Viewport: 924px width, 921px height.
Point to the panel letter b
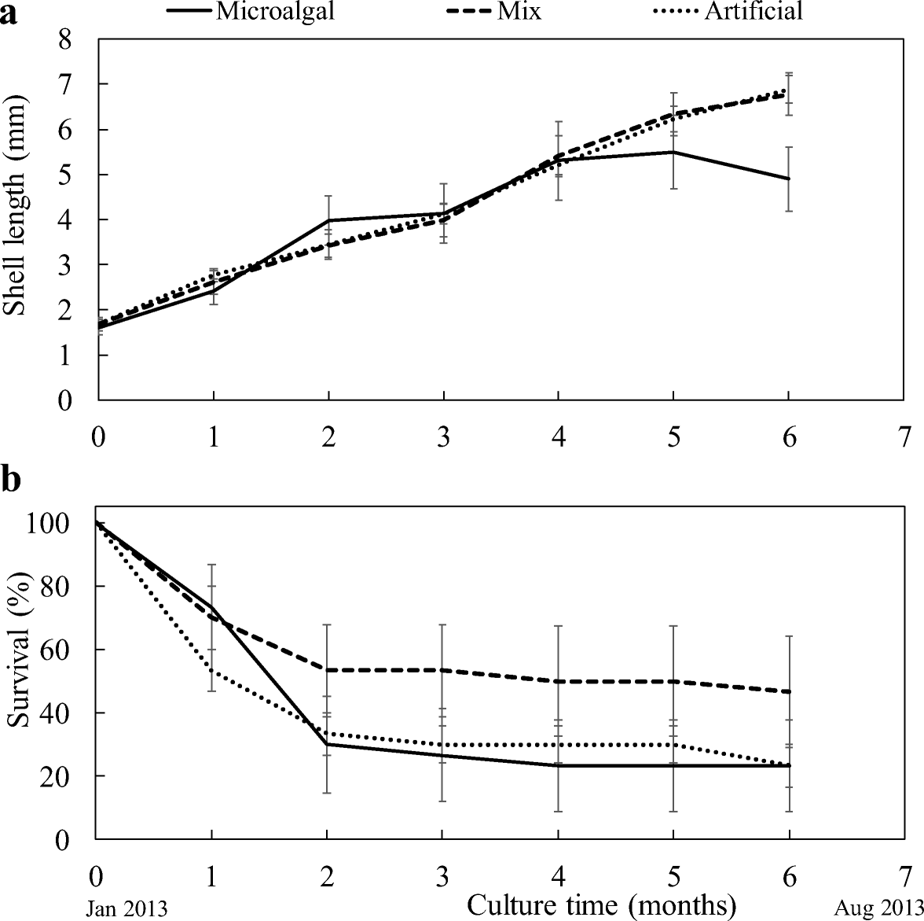(11, 481)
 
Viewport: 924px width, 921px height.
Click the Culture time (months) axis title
(601, 904)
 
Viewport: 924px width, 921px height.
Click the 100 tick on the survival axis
(55, 523)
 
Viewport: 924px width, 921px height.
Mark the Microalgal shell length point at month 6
(789, 179)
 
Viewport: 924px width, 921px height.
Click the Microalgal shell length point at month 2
(328, 220)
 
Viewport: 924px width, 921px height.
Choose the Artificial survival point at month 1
(212, 671)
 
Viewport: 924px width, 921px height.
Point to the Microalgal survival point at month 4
(558, 765)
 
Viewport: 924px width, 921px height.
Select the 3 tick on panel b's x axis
(442, 875)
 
